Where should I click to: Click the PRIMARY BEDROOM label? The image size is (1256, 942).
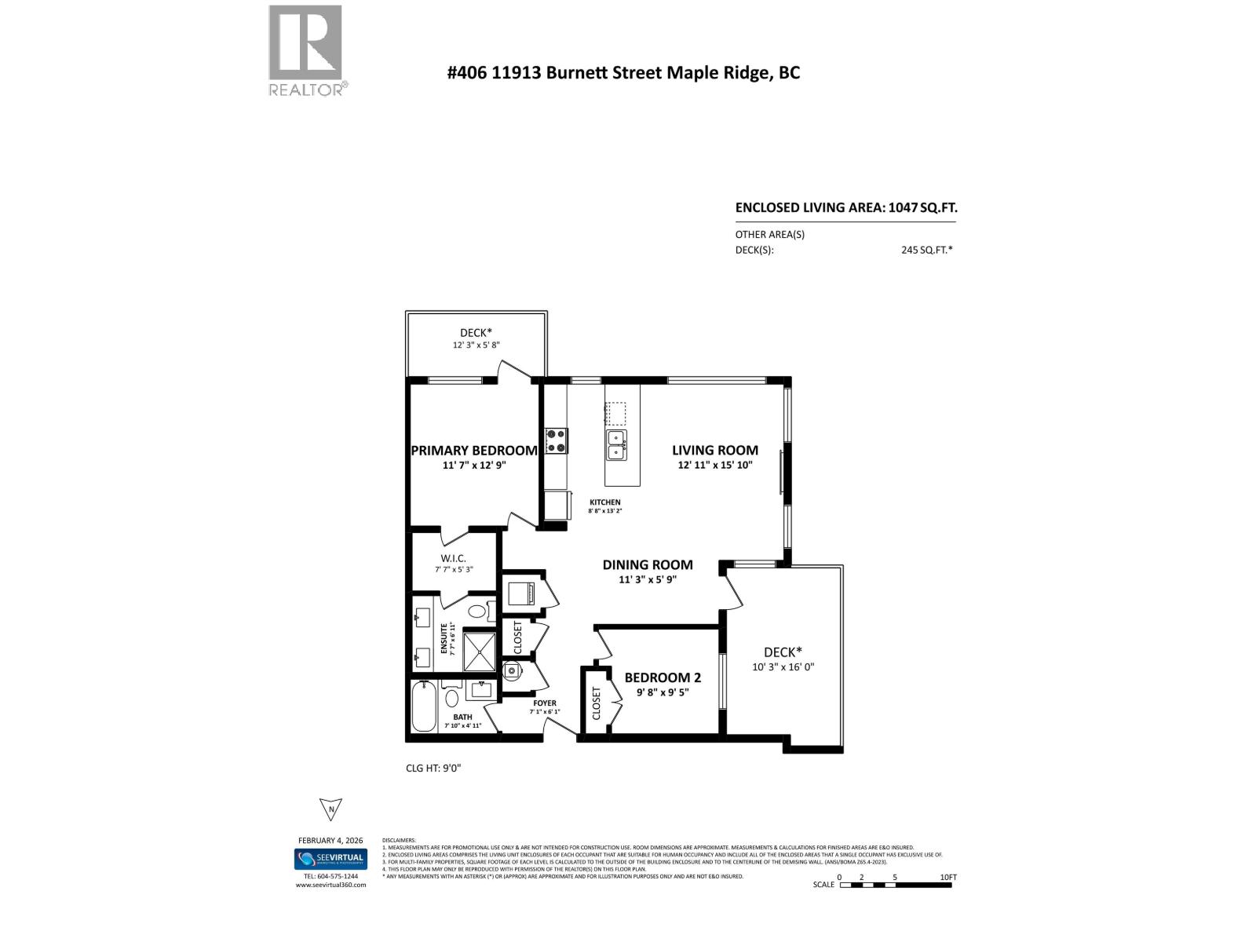[474, 451]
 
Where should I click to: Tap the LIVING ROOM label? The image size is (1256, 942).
[714, 451]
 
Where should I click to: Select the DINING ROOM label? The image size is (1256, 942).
[648, 564]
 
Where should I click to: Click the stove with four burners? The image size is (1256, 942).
[557, 440]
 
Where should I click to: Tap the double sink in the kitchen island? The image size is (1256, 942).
[615, 445]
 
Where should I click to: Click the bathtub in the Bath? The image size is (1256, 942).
[425, 707]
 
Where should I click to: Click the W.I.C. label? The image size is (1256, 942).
[454, 558]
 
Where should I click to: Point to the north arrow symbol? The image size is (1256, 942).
[331, 809]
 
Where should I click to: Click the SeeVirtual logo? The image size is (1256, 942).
[330, 860]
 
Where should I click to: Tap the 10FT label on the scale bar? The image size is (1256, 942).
[947, 878]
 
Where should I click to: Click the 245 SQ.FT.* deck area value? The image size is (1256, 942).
[926, 250]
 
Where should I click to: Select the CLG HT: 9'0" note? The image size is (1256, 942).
[433, 768]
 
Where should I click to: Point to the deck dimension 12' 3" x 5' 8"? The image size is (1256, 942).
[476, 345]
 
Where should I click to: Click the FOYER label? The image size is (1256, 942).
[544, 703]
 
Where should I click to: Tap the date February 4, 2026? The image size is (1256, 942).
[330, 840]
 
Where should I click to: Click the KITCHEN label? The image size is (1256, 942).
[605, 502]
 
